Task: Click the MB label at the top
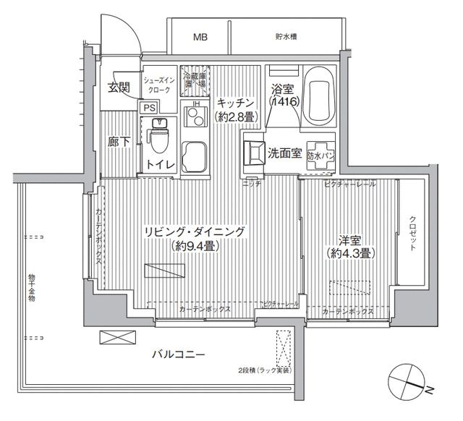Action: point(198,36)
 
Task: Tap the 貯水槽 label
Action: point(287,36)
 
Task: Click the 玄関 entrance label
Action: point(119,89)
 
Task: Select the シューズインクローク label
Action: point(157,85)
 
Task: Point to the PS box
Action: point(149,107)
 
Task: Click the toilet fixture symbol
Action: point(159,134)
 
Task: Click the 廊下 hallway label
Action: point(120,143)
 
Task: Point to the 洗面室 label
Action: point(285,153)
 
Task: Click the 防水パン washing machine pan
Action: point(319,153)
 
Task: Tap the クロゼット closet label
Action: point(412,233)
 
